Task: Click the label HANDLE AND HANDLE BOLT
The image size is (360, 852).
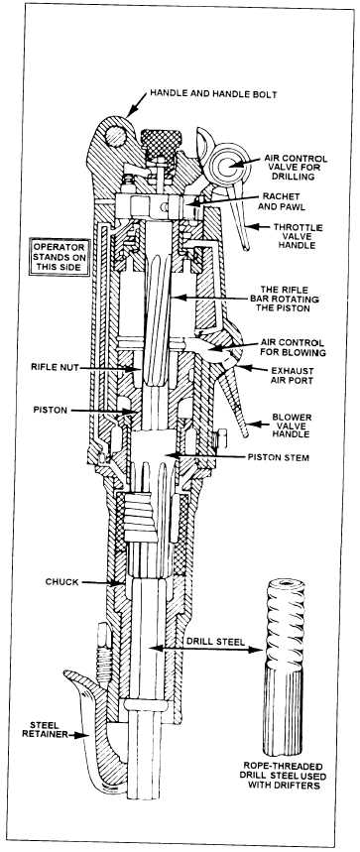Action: (213, 94)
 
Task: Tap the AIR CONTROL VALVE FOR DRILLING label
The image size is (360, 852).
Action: (296, 168)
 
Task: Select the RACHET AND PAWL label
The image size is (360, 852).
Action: (281, 200)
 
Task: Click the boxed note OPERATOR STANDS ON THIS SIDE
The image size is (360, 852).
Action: (60, 257)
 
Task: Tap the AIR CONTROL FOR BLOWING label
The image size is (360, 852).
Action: (293, 348)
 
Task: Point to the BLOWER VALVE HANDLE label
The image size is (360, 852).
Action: (291, 426)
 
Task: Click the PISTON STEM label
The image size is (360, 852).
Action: (278, 457)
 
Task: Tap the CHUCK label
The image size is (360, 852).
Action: (61, 582)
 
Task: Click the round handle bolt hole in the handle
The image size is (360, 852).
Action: (116, 136)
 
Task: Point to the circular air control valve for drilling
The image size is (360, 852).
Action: (230, 163)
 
